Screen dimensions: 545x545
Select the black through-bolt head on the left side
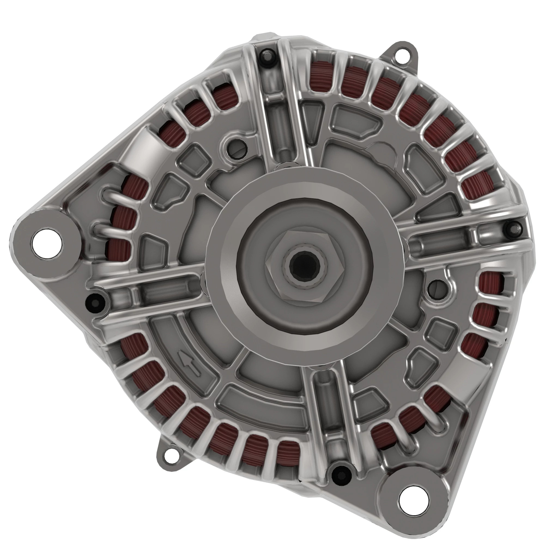(x=94, y=301)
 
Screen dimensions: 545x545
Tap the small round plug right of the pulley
(x=435, y=289)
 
